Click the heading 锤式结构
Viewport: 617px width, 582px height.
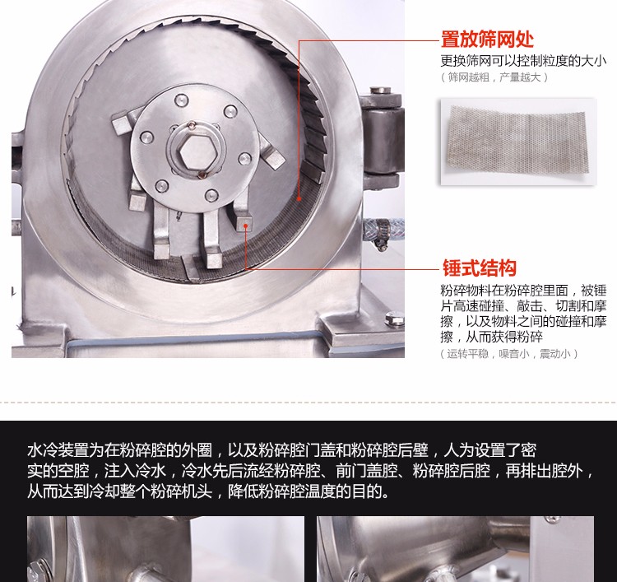pos(480,268)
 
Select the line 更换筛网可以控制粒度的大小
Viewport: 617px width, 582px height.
pos(523,61)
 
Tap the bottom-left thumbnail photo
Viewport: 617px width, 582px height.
pos(165,549)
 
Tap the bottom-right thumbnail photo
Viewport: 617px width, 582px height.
pos(455,549)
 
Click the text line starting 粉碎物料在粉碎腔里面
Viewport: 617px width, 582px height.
pos(523,291)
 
